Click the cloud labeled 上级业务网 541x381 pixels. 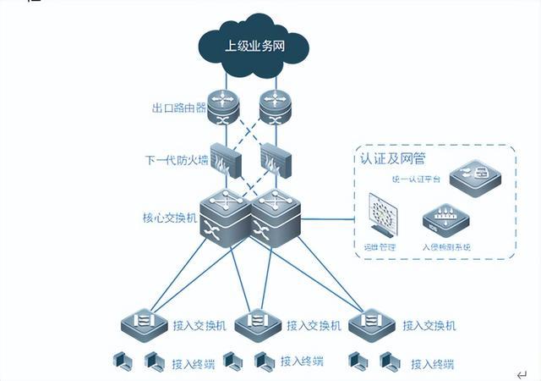tap(254, 46)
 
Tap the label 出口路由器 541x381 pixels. tap(179, 108)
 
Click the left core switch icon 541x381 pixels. tap(226, 216)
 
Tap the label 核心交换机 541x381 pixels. tap(169, 218)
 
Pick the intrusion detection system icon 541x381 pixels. tap(445, 219)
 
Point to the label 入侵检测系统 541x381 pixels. tap(445, 247)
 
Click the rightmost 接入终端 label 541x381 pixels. tap(432, 364)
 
